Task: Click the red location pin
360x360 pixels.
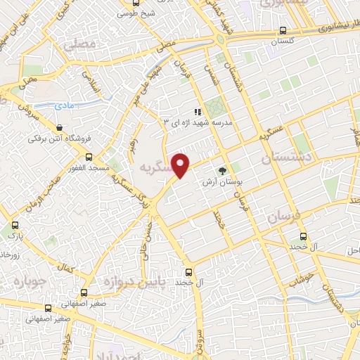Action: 181,165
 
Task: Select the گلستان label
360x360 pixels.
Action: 283,42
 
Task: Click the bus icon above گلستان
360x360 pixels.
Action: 283,31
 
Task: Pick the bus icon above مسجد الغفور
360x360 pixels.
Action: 89,157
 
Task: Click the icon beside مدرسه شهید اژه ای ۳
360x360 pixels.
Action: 199,111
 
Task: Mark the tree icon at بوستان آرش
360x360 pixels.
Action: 223,171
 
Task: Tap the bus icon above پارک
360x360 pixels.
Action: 15,226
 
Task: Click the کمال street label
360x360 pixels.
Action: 67,268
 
